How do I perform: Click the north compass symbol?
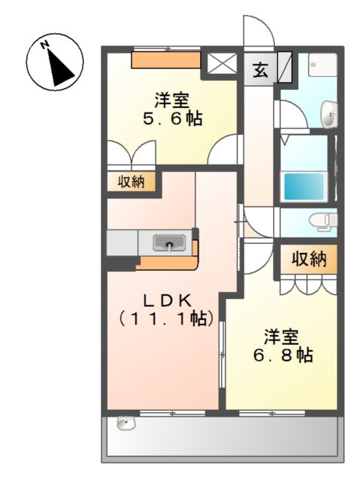[x=54, y=61]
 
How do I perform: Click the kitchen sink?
[x=169, y=243]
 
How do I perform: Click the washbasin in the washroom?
[x=329, y=115]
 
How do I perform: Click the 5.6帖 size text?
[x=173, y=118]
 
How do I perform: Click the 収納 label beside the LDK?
[x=131, y=182]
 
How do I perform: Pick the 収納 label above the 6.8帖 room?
[x=309, y=260]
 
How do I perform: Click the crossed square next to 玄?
[x=221, y=66]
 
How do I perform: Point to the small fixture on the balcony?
[x=125, y=423]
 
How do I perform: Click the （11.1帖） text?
[x=164, y=319]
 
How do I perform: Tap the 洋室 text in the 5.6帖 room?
[x=173, y=99]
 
